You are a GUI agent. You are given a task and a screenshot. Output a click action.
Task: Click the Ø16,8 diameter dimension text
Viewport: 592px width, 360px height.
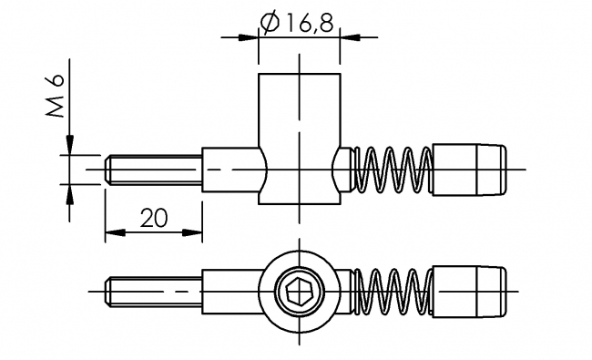click(297, 22)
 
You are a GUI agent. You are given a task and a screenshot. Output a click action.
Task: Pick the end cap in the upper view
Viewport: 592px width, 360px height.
click(470, 170)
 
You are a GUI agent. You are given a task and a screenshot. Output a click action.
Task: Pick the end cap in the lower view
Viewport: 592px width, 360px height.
click(470, 291)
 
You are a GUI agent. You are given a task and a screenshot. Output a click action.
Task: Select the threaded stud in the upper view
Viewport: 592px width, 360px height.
click(153, 170)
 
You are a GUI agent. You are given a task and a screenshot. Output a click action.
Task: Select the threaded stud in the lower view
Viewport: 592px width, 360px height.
click(153, 291)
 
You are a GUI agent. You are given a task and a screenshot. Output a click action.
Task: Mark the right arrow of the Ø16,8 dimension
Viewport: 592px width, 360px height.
click(349, 37)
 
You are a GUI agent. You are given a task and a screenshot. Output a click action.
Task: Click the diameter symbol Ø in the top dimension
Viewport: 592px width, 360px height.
click(269, 22)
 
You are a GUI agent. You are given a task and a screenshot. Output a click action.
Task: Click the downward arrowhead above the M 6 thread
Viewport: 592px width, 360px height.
click(69, 146)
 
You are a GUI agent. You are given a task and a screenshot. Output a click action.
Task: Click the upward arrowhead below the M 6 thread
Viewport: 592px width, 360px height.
click(69, 194)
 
